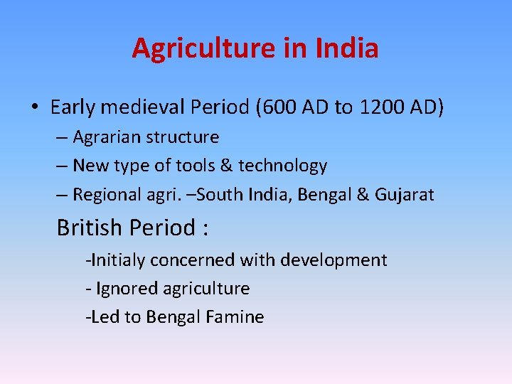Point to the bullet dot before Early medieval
click(34, 108)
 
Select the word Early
click(73, 107)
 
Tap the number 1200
click(385, 107)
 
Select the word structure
click(181, 137)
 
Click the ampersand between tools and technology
click(227, 166)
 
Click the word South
click(239, 194)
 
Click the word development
click(334, 260)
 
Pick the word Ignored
click(127, 288)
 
